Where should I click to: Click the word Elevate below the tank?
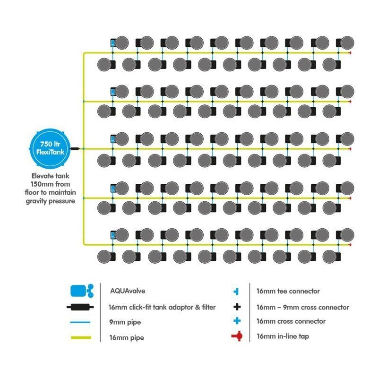point(37,177)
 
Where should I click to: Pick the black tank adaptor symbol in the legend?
point(82,307)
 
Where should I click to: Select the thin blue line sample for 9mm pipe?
point(82,322)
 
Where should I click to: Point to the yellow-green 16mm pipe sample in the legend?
point(82,338)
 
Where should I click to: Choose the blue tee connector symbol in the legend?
point(237,292)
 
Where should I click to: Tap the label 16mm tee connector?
point(288,292)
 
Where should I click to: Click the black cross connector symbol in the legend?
point(237,307)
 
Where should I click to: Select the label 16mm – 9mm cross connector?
point(303,307)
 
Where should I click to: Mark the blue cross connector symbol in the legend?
point(237,321)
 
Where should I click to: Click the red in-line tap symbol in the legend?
point(237,336)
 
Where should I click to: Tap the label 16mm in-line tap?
point(284,336)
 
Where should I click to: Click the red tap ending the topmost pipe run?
point(350,53)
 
